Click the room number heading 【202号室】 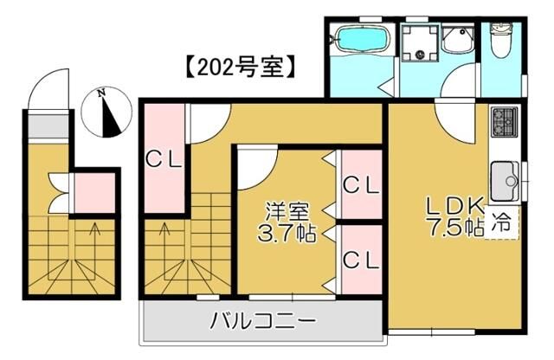click(240, 67)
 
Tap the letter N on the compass click(101, 93)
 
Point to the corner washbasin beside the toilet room click(456, 38)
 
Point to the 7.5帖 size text click(451, 228)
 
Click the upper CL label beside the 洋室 click(359, 185)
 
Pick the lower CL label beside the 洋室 click(359, 260)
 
